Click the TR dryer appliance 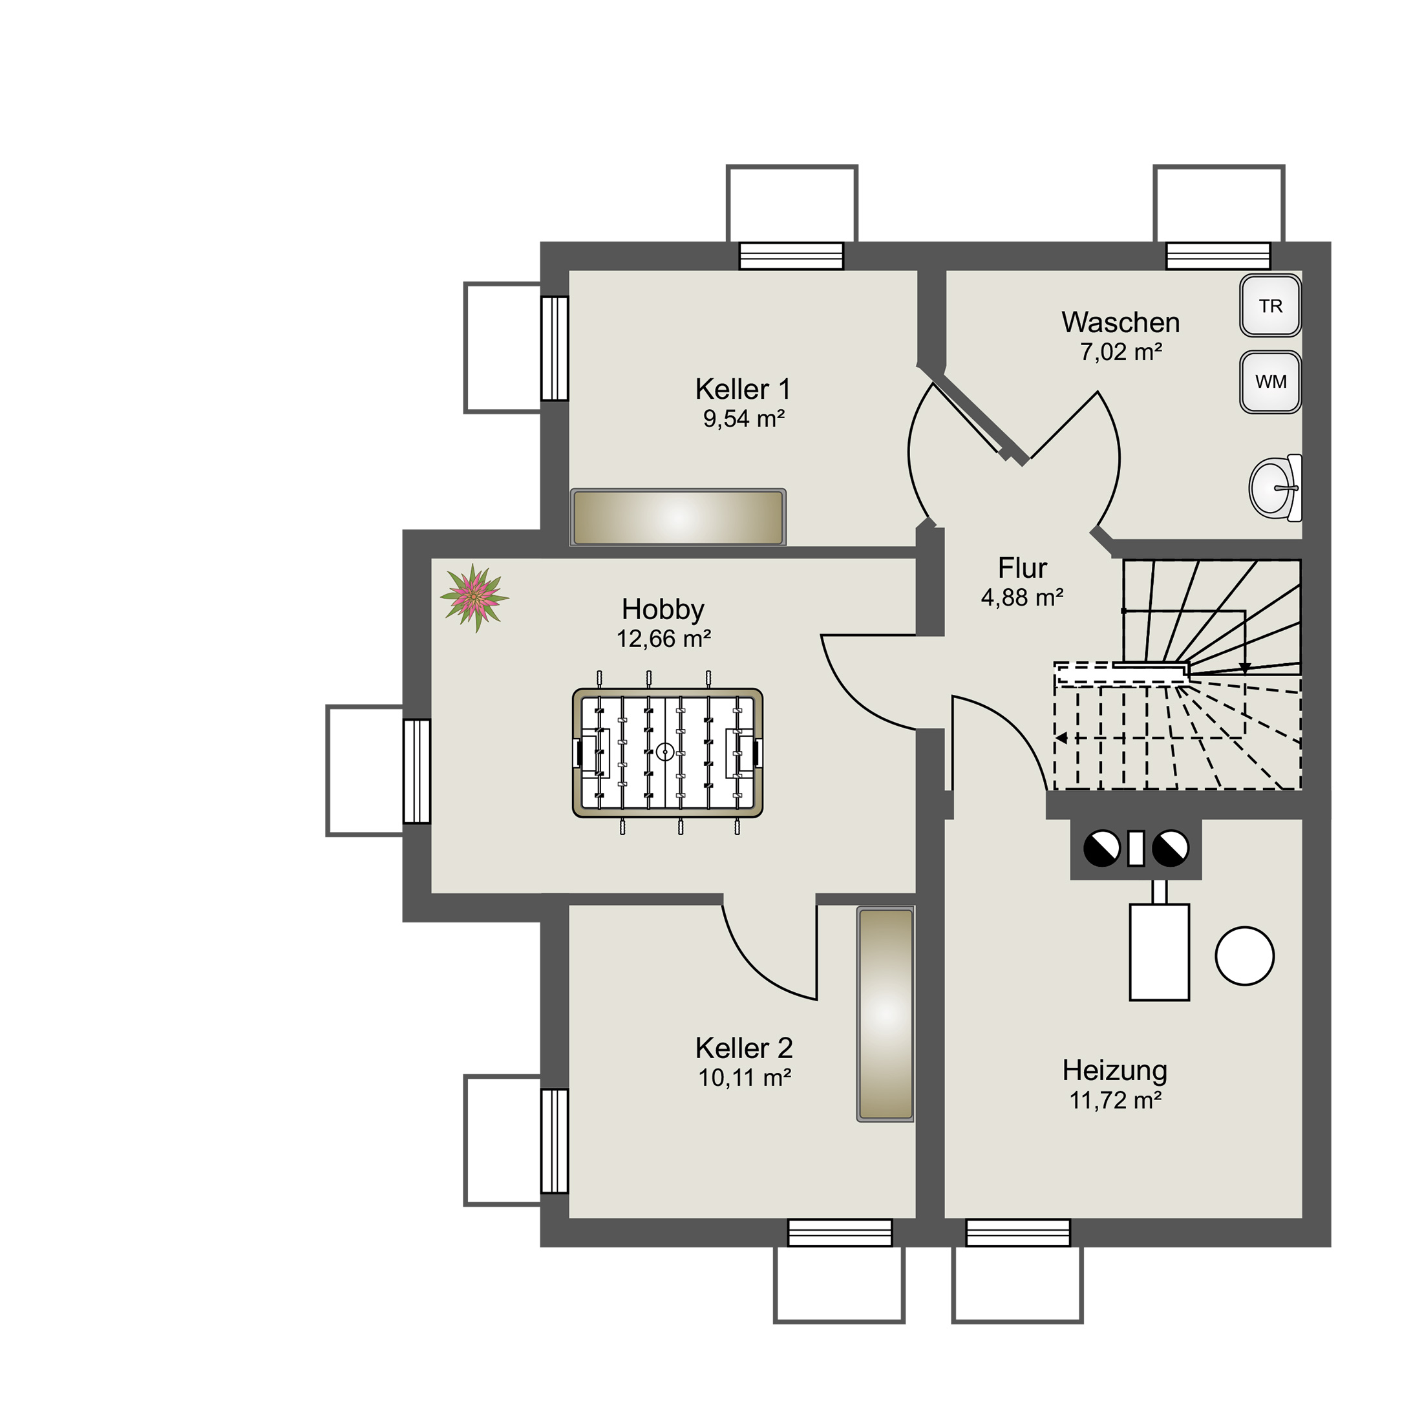[1270, 306]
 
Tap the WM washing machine [1270, 381]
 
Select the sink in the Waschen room [1275, 487]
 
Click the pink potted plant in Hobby [474, 598]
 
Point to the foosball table [667, 752]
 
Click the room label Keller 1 [743, 388]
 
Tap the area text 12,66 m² [663, 638]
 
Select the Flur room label [1023, 568]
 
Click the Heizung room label [1114, 1070]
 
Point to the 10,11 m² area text [744, 1077]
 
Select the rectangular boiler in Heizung [1159, 951]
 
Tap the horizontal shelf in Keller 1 [678, 518]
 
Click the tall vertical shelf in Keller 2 [886, 1014]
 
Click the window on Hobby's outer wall [417, 770]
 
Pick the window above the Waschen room [1218, 256]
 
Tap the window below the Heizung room [1018, 1232]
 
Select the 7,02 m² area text [1121, 352]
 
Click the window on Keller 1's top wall [791, 256]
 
